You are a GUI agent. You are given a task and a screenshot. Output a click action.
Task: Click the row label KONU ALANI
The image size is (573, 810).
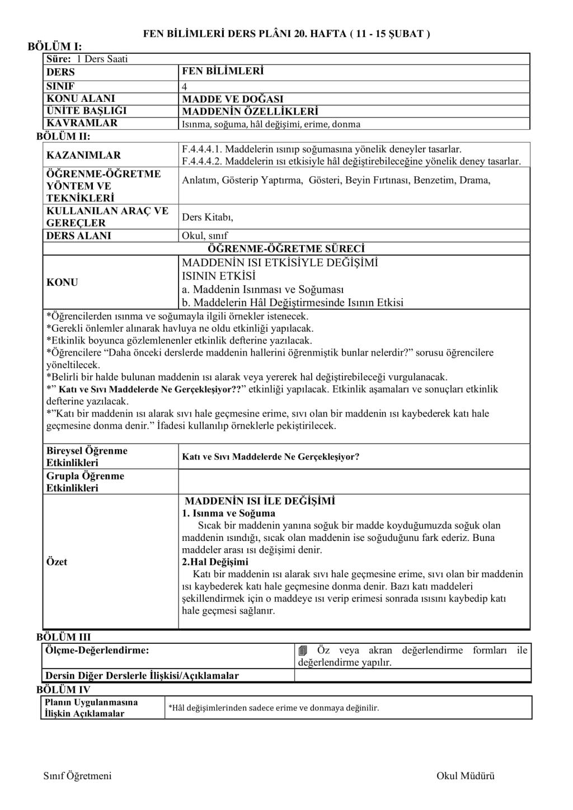[x=81, y=98]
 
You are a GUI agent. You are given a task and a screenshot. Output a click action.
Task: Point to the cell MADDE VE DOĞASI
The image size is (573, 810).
[x=232, y=100]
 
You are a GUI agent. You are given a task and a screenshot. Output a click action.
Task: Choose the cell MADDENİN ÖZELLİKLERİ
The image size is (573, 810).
[x=250, y=111]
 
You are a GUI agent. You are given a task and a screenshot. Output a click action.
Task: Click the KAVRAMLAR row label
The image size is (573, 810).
[x=82, y=123]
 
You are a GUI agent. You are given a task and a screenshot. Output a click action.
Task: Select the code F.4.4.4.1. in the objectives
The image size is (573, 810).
[x=203, y=149]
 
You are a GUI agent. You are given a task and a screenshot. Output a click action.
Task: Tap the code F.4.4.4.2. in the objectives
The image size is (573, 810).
[x=203, y=161]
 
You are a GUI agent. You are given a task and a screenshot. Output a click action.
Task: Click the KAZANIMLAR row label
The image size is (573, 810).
[x=83, y=155]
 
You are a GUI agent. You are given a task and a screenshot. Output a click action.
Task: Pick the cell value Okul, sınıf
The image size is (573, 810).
[x=205, y=236]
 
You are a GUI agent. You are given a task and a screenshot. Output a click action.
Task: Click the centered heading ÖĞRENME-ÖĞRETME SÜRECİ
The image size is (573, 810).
[x=286, y=248]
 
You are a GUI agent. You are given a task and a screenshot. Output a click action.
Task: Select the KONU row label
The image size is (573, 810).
[x=62, y=282]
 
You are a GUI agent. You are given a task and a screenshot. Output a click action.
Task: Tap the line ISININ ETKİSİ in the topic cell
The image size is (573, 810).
[x=218, y=276]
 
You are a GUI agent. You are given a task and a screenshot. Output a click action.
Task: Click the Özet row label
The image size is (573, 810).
[x=57, y=562]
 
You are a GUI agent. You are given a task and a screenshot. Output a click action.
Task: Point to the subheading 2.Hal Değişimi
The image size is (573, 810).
[x=215, y=562]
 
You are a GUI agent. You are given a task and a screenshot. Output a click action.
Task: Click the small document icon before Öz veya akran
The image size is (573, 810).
[x=303, y=651]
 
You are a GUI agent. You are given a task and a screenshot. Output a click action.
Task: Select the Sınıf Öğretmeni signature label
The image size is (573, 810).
[x=77, y=775]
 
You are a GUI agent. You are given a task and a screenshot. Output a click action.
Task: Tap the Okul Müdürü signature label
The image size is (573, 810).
[x=466, y=775]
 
